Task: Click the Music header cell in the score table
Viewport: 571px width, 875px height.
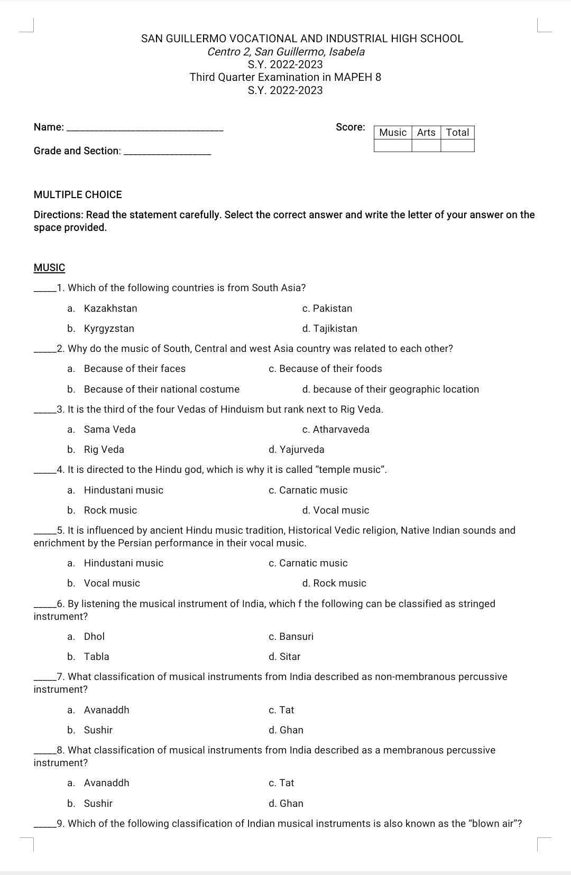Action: coord(393,133)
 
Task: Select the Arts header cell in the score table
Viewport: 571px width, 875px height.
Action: coord(426,133)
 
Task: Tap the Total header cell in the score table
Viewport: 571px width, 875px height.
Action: coord(457,133)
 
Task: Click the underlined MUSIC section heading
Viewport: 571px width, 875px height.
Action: coord(49,268)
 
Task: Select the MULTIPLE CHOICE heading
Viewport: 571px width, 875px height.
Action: coord(78,195)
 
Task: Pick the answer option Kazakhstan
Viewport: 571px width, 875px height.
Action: coord(110,309)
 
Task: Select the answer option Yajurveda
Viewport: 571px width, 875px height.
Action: coord(297,450)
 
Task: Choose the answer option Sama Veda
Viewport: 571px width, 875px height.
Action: coord(109,430)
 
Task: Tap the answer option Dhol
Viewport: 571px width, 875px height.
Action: coord(94,637)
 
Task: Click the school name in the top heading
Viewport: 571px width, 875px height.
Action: coord(302,39)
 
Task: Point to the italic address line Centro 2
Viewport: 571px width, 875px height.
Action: coord(285,52)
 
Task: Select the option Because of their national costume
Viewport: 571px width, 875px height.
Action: coord(161,389)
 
